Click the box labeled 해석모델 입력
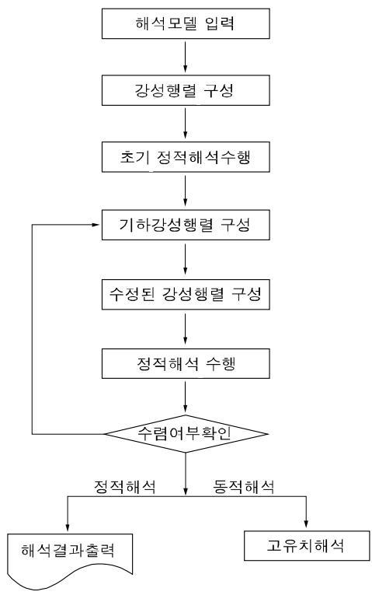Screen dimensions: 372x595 (186, 23)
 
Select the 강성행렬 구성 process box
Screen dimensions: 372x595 (186, 90)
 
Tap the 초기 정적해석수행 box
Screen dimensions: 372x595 (186, 157)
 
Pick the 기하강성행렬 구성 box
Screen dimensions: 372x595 (186, 225)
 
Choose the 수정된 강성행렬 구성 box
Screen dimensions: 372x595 (186, 295)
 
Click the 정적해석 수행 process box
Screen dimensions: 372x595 (186, 363)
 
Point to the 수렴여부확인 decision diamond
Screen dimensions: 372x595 (186, 434)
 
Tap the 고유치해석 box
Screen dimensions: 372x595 (307, 546)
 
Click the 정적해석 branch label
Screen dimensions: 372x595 (124, 486)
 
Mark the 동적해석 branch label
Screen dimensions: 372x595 (244, 486)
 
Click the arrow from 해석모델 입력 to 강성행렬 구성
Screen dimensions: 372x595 (186, 57)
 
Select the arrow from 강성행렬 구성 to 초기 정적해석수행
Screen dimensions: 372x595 (186, 124)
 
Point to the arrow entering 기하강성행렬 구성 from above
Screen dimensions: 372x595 (186, 191)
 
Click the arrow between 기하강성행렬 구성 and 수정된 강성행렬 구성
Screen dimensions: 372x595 (186, 259)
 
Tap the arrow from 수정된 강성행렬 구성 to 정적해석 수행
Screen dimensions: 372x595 (186, 329)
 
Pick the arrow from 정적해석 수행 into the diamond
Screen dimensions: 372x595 (186, 397)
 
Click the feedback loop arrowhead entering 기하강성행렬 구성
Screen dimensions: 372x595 (96, 225)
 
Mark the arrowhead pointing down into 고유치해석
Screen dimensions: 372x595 (307, 524)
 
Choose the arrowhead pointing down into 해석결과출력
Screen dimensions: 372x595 (68, 527)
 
